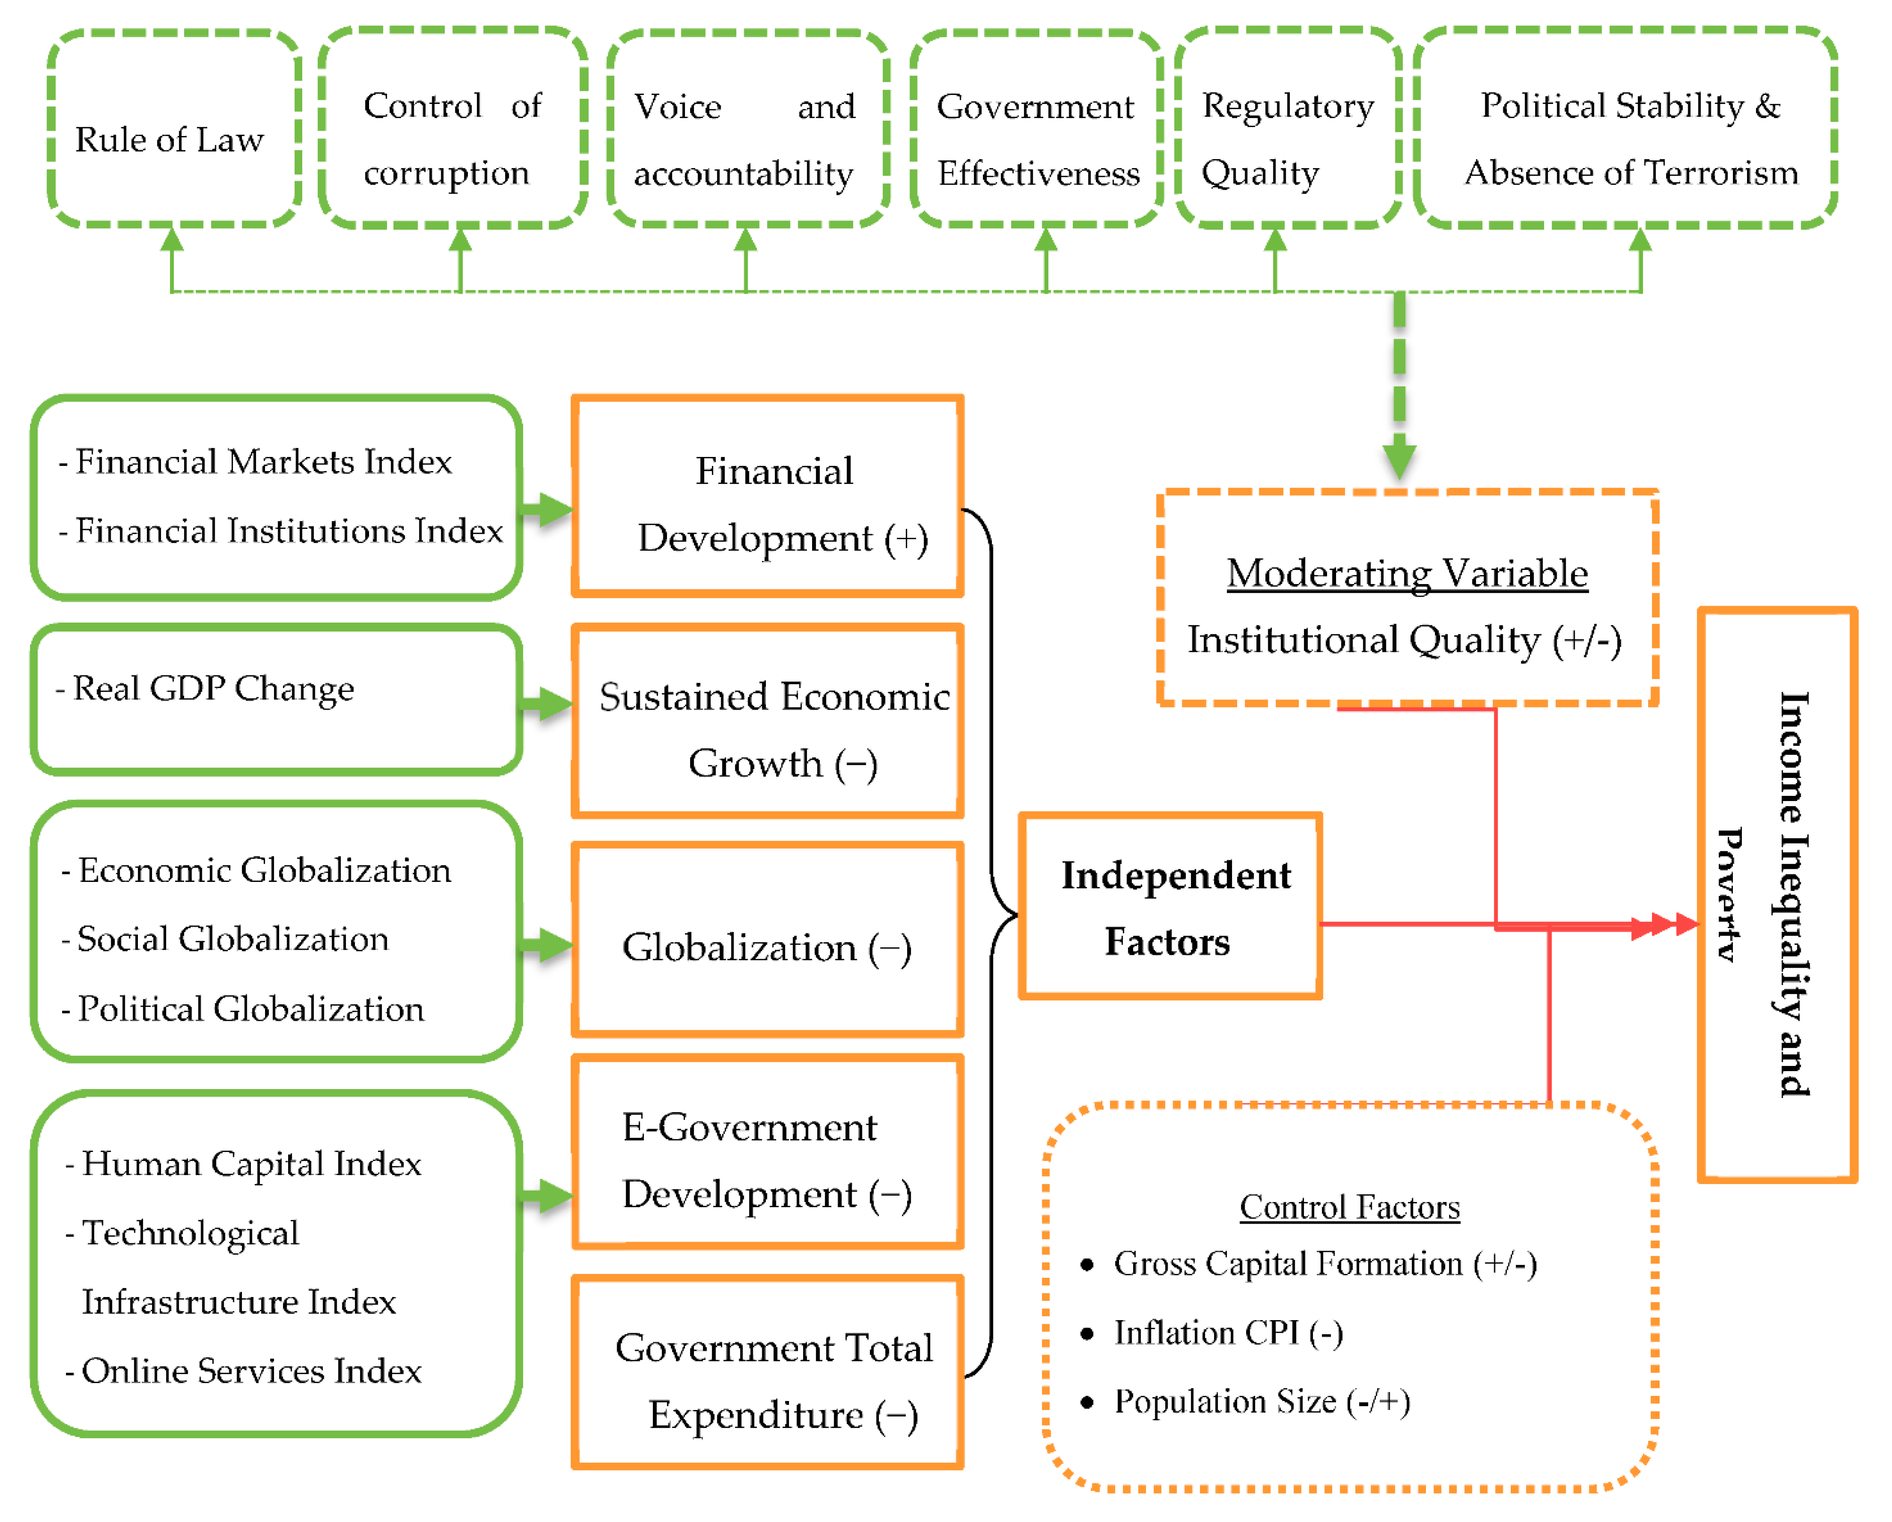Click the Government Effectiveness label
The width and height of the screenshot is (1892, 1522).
coord(1037,139)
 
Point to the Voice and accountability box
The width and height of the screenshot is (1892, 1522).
coord(746,132)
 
